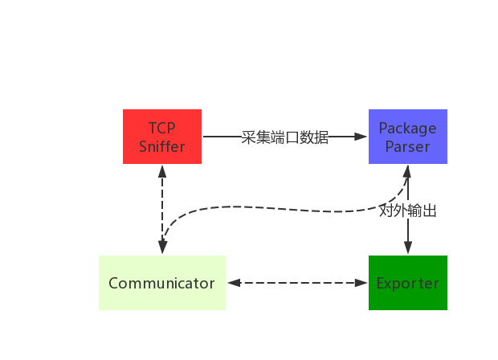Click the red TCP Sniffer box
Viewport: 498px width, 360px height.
[x=161, y=137]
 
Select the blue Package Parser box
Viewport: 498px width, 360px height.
[x=407, y=137]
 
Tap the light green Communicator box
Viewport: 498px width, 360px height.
[x=161, y=283]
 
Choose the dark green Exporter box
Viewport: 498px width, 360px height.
[x=407, y=283]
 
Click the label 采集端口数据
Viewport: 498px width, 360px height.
[x=285, y=137]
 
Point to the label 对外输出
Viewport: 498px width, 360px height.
[x=408, y=211]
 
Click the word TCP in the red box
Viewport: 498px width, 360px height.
[x=161, y=128]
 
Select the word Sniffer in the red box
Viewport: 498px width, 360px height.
[x=161, y=146]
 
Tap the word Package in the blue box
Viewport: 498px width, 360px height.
[x=407, y=128]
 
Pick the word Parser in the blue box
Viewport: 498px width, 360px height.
[x=407, y=146]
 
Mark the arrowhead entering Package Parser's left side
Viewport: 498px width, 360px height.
[x=361, y=137]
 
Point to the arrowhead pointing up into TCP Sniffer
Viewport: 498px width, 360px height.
[x=162, y=171]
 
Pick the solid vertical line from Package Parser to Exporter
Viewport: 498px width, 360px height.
[x=408, y=233]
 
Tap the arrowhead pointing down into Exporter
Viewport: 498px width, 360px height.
[x=408, y=249]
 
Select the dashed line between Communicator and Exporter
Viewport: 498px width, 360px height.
[x=297, y=283]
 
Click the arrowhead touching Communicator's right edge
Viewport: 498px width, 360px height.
[x=234, y=283]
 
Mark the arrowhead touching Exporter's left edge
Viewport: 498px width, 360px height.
[x=361, y=283]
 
